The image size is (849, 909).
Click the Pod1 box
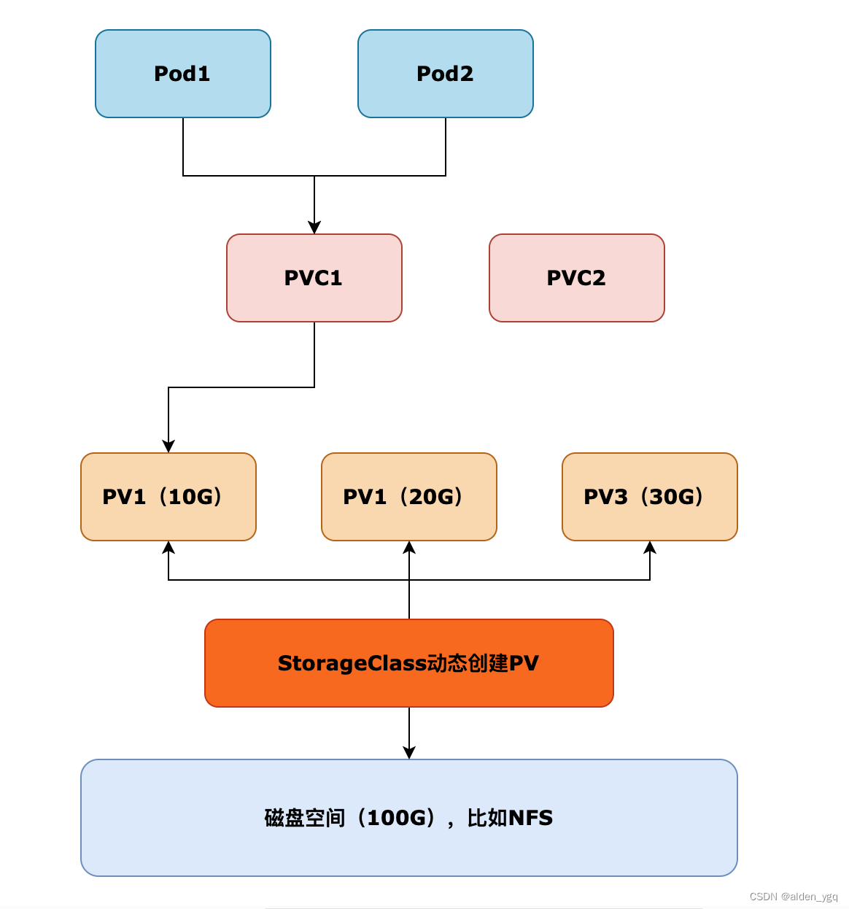(183, 74)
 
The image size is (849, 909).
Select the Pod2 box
(446, 74)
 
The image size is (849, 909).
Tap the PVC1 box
(314, 278)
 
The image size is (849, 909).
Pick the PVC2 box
(577, 278)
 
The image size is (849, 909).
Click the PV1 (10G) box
(168, 497)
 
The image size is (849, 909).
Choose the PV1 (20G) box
(409, 497)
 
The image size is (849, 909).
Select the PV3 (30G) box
(650, 497)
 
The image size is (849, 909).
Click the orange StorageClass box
(409, 663)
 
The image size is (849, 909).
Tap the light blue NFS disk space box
(409, 818)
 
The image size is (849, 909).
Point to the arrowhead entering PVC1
(314, 228)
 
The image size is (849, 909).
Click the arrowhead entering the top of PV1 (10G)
(168, 446)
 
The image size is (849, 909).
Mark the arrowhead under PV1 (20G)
(409, 547)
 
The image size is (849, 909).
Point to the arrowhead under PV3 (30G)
(650, 547)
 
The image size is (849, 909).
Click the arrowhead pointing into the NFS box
(409, 753)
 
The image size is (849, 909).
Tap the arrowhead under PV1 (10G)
(168, 547)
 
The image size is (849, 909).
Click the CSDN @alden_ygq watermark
(794, 897)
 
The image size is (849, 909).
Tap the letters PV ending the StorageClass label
(524, 663)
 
